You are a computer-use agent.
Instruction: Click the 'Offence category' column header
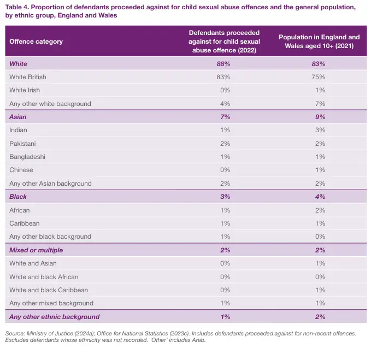36,42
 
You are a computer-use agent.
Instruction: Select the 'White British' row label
28,77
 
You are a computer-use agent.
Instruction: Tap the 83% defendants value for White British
223,77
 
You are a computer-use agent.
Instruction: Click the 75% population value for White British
320,77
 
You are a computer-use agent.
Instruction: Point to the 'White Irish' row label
25,90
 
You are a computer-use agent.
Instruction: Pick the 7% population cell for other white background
320,104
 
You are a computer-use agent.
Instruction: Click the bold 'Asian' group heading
18,117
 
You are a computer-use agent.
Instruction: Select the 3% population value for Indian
320,130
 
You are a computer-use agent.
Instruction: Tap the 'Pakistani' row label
23,144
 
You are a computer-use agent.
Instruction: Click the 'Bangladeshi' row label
27,157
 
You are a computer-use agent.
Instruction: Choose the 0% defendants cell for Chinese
223,170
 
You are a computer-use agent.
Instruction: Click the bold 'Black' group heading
18,197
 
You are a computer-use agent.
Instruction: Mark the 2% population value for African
320,210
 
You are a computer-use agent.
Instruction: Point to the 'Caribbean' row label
25,223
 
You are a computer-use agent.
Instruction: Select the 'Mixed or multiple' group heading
36,250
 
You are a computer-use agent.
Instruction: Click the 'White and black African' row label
44,276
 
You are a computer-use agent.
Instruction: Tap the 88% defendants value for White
223,64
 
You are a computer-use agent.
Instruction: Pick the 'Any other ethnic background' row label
55,317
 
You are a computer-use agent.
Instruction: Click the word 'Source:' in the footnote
15,333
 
